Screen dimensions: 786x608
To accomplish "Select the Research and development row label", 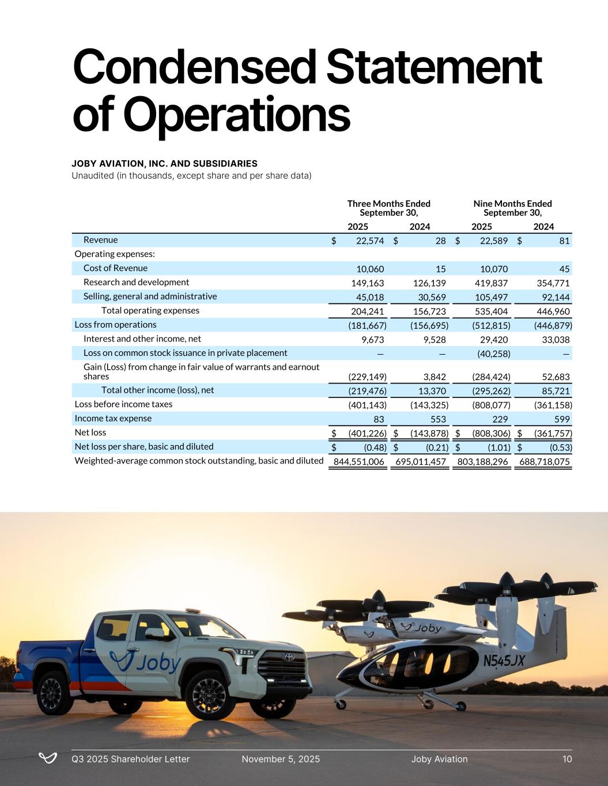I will pos(136,282).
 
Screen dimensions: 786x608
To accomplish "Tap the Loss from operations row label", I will pos(115,325).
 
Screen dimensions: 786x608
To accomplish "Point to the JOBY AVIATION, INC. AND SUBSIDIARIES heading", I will pos(164,164).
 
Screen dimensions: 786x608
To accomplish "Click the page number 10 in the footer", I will pos(567,759).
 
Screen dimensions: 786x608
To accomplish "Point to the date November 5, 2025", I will pos(281,759).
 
